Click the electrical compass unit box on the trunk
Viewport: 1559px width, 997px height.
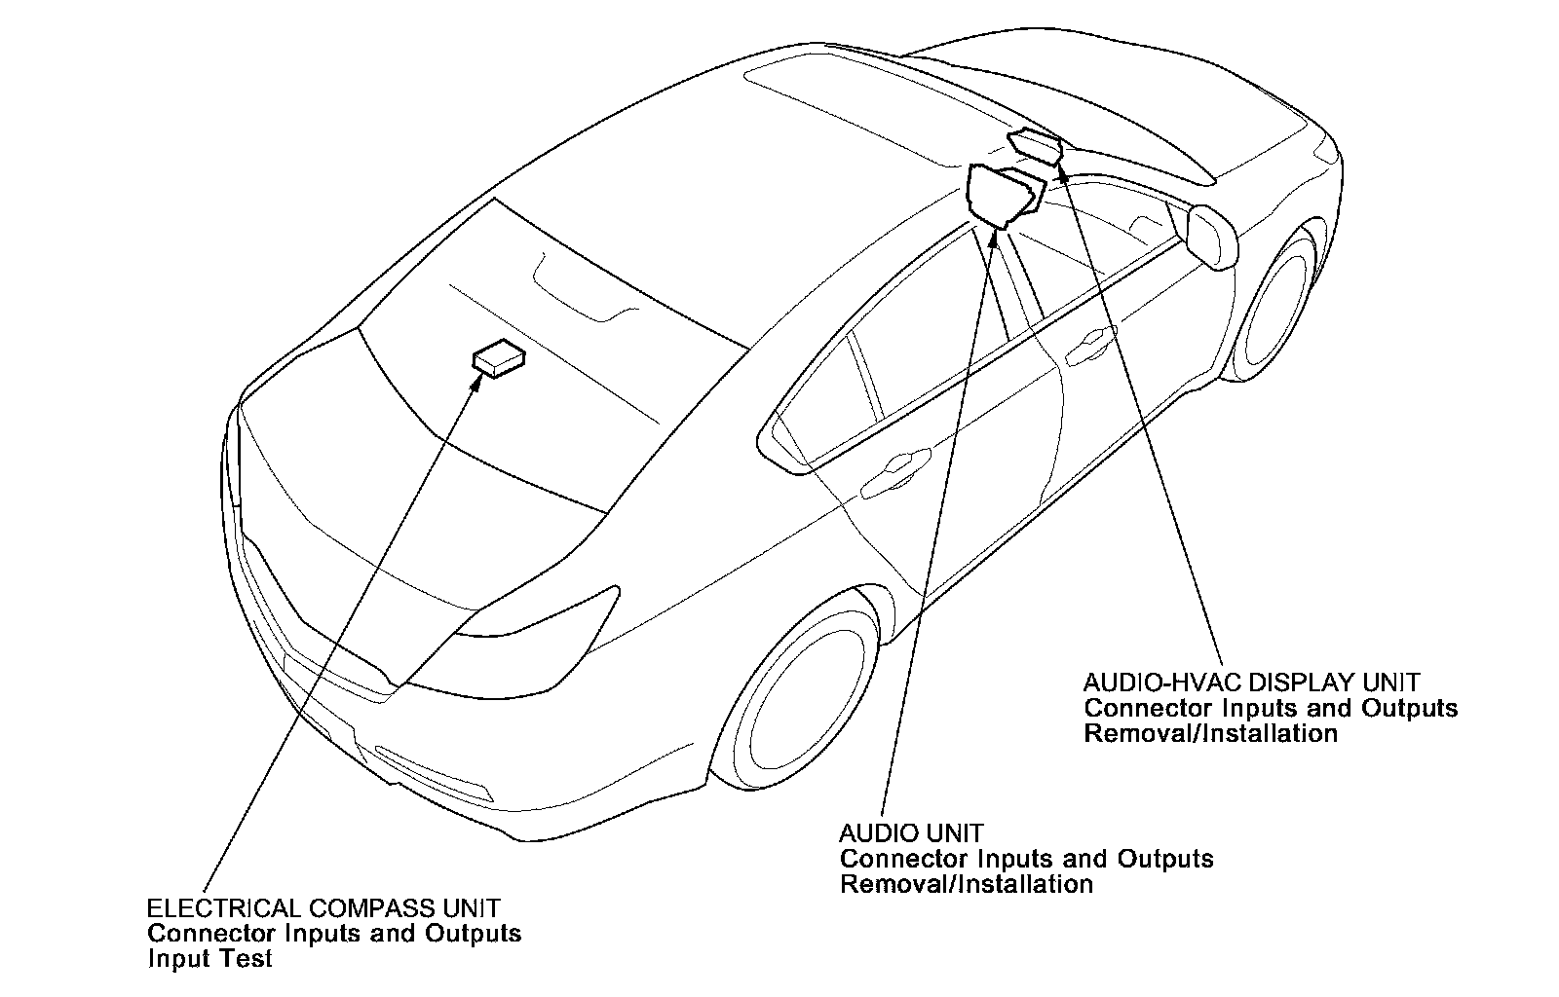(499, 358)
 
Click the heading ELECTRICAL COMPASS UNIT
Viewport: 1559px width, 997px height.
(323, 908)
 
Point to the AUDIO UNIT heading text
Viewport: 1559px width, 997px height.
(911, 833)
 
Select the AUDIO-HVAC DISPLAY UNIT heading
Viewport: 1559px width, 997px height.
(1251, 682)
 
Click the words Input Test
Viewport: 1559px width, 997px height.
(209, 959)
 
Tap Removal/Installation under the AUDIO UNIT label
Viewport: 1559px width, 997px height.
(966, 884)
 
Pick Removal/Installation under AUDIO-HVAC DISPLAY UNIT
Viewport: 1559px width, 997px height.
(1210, 732)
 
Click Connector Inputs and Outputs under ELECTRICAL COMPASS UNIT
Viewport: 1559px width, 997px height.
(334, 934)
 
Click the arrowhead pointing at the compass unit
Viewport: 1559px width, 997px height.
(476, 381)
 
